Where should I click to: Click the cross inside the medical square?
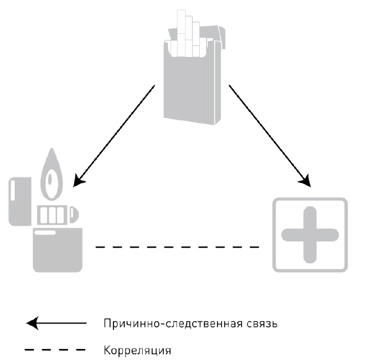pyautogui.click(x=309, y=234)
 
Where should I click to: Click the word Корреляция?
pyautogui.click(x=137, y=349)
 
